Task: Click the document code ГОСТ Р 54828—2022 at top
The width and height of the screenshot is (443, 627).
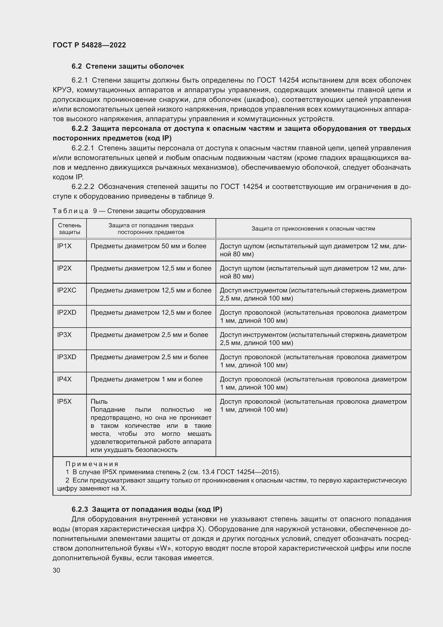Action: (x=89, y=45)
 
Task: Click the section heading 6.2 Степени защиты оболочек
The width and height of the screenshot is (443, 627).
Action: (x=128, y=66)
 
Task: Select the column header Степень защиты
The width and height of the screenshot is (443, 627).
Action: (x=70, y=229)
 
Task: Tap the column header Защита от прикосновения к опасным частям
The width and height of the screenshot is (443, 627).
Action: (x=313, y=229)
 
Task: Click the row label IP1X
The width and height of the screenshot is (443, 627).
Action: (x=64, y=246)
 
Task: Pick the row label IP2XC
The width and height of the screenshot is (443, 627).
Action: (x=67, y=290)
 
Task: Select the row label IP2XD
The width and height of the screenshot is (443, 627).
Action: (x=67, y=312)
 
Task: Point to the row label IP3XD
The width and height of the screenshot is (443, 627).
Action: (x=67, y=357)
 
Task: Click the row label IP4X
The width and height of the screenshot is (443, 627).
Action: (x=64, y=379)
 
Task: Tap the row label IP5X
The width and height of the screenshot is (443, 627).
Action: (x=64, y=402)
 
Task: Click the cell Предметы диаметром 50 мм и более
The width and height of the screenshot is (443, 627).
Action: (x=148, y=246)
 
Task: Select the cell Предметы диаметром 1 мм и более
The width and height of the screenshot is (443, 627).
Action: (x=147, y=379)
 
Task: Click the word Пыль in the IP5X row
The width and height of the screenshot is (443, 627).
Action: (x=99, y=402)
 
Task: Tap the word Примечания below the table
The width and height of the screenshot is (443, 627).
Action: (x=92, y=464)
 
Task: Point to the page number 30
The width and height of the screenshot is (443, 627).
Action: (x=56, y=570)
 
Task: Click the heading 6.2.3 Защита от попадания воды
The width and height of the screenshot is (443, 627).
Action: (x=147, y=509)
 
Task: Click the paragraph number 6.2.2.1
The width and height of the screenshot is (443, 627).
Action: (x=83, y=148)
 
